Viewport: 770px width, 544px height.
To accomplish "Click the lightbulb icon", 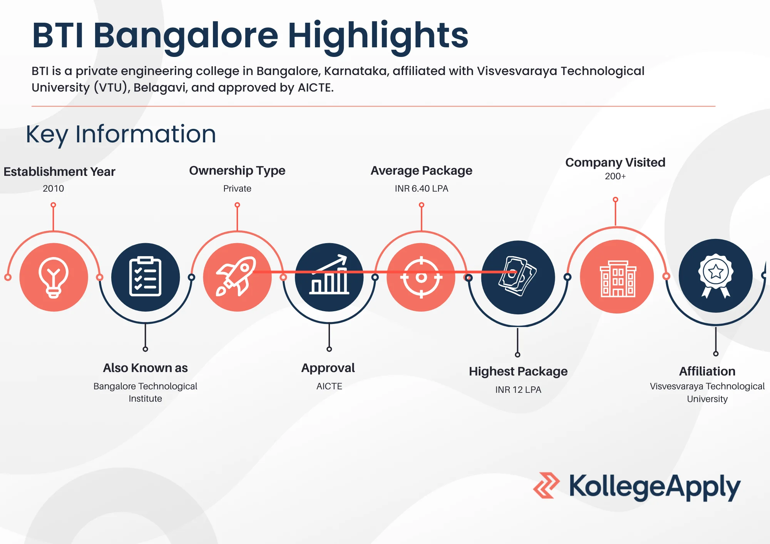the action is tap(54, 277).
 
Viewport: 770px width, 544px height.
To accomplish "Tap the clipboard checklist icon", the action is tap(145, 276).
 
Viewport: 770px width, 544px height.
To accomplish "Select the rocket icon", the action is tap(236, 276).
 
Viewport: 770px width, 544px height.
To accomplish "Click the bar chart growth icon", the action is tap(329, 275).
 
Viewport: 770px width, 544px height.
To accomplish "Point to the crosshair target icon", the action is tap(421, 277).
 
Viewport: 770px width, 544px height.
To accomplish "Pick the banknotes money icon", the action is tap(517, 276).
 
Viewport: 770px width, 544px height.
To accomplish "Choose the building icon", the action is tap(618, 279).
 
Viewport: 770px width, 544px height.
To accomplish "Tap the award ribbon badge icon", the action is tap(716, 275).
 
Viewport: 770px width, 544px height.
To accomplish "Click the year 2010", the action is tap(53, 189).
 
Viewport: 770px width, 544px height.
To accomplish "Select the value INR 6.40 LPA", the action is tap(421, 189).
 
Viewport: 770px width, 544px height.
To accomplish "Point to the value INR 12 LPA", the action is tap(518, 390).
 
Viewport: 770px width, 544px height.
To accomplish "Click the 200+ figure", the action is tap(615, 176).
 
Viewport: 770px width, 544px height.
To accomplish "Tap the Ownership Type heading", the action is tap(237, 171).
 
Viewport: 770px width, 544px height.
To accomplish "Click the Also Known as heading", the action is tap(145, 368).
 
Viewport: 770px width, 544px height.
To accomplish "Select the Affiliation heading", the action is tap(707, 371).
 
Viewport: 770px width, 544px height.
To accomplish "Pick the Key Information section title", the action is tap(121, 135).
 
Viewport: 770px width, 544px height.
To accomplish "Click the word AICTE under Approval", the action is tap(329, 386).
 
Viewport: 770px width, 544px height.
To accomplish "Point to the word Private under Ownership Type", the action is tap(237, 189).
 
